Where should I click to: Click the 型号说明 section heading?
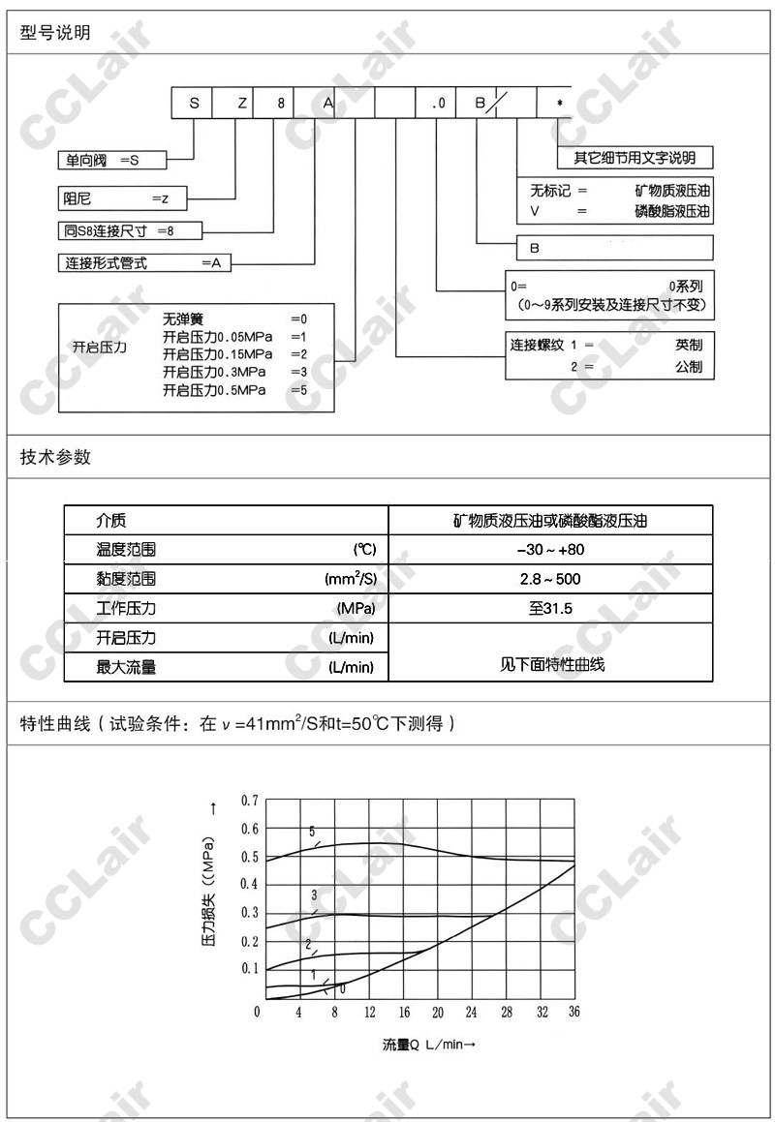pos(55,33)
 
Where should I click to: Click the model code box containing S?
pos(193,103)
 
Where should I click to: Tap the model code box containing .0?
pos(437,103)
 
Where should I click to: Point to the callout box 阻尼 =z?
pos(122,198)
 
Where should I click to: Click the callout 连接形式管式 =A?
pos(145,262)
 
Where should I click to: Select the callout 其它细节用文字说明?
pos(635,158)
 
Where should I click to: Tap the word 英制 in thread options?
pos(689,345)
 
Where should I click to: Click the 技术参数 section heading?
pos(55,457)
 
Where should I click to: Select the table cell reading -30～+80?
pos(550,550)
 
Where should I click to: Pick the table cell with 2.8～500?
pos(550,579)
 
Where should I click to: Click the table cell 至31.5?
pos(550,609)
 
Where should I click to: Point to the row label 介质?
pos(111,521)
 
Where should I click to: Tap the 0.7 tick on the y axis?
pos(249,801)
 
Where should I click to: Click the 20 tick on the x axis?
pos(438,1012)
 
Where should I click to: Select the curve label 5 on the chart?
pos(312,832)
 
